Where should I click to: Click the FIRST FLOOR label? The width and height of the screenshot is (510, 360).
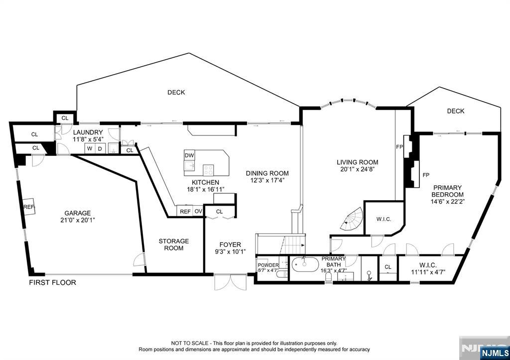[x=52, y=282]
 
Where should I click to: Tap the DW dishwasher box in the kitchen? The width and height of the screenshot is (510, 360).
[x=189, y=156]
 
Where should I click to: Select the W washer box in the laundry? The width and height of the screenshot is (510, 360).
[x=90, y=148]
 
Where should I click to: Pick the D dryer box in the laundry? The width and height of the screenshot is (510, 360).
[x=100, y=148]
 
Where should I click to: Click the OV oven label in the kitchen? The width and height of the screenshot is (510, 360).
[x=198, y=212]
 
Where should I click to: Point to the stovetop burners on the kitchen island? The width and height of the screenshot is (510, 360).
[x=208, y=170]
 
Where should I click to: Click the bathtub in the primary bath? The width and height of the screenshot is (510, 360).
[x=305, y=264]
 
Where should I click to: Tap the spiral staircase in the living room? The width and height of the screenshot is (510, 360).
[x=352, y=219]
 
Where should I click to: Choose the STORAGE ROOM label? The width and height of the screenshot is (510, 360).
[x=174, y=244]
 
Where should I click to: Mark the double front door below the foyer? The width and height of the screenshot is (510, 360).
[x=230, y=282]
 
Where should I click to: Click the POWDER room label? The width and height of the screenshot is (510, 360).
[x=268, y=265]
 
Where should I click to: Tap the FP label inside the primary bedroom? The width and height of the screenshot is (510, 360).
[x=426, y=175]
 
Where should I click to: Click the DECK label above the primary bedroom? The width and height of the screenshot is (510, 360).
[x=456, y=111]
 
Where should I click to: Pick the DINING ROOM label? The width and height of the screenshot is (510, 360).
[x=267, y=173]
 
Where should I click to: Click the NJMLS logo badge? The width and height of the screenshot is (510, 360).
[x=495, y=353]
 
